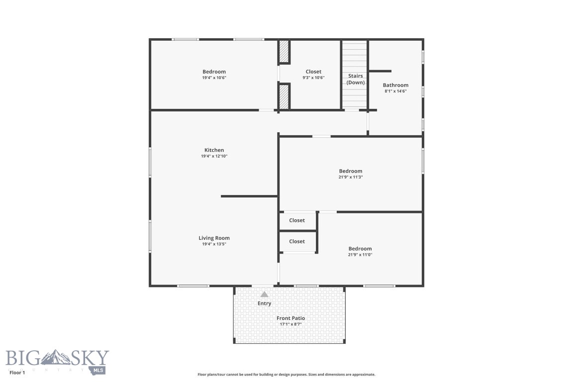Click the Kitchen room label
tap(214, 150)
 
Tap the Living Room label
tap(214, 238)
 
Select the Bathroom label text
tap(395, 85)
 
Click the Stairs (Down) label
tap(355, 79)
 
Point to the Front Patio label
tap(290, 318)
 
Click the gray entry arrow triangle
tap(264, 294)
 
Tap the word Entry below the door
tap(264, 303)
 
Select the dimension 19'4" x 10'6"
tap(214, 78)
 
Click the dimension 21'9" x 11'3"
tap(351, 177)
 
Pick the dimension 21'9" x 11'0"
tap(360, 255)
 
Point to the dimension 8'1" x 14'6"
tap(395, 91)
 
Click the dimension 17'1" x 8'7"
tap(290, 324)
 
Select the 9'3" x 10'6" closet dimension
tap(313, 78)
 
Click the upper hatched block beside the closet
tap(284, 51)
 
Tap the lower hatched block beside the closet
tap(284, 96)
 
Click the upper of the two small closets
tap(297, 220)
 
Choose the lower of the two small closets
tap(297, 241)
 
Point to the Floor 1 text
tap(17, 372)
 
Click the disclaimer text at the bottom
tap(286, 375)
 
